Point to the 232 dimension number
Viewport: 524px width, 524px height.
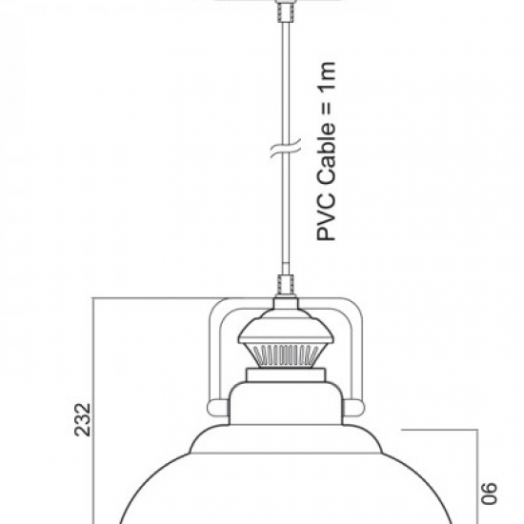[83, 420]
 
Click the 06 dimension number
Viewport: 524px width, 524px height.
[489, 493]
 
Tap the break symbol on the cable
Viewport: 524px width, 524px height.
[286, 148]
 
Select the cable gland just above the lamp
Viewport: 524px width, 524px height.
[286, 285]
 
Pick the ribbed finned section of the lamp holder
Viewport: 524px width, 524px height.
[286, 355]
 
